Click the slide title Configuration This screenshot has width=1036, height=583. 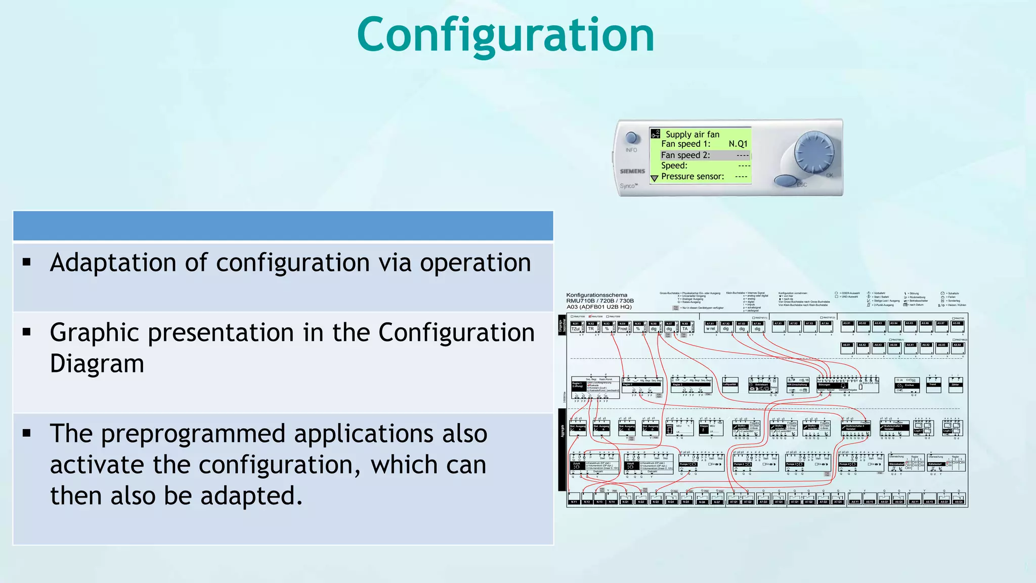coord(505,35)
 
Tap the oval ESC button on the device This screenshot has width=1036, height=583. coord(786,181)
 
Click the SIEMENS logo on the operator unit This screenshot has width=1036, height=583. coord(632,171)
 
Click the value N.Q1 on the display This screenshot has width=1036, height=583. coord(738,144)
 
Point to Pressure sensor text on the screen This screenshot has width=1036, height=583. coord(693,177)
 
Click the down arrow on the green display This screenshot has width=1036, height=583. coord(654,178)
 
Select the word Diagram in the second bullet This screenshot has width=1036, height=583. coord(97,364)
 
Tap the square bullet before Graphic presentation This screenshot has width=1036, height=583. coord(27,332)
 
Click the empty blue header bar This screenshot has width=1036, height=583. coord(283,226)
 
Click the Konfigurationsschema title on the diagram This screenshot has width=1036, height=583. coord(596,295)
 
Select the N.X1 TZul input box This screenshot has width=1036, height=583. coord(576,327)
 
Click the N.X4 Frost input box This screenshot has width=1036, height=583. coord(623,327)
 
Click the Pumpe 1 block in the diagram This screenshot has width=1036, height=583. coord(688,464)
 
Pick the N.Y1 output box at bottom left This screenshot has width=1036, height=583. coord(574,502)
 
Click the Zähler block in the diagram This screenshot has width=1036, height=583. coord(955,385)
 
